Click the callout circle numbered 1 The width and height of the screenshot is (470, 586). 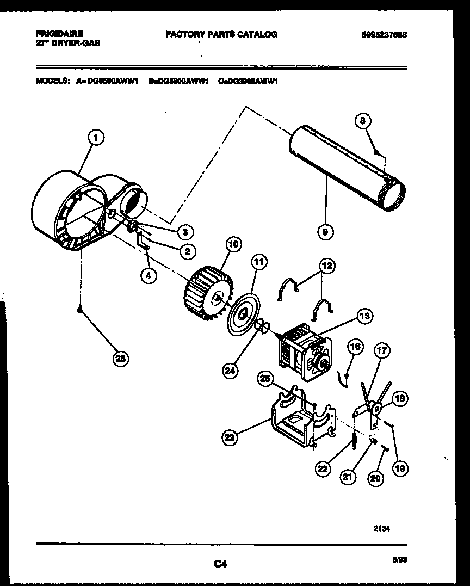pos(95,139)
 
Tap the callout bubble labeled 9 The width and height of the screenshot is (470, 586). pos(325,232)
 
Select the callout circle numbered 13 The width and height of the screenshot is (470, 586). pos(364,316)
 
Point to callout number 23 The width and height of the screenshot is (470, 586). pos(230,436)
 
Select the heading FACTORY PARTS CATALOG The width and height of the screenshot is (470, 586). pos(221,34)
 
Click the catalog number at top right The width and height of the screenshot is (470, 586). pos(384,34)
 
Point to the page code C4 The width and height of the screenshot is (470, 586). pos(220,565)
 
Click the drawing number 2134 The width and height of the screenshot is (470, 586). pos(382,527)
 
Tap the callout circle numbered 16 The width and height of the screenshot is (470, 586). pos(355,346)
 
